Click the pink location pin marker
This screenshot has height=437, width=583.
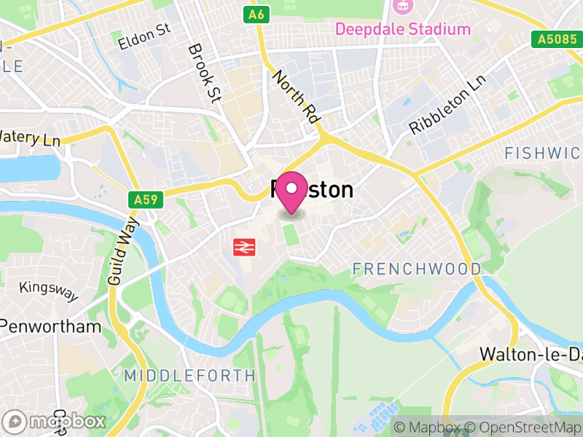292,192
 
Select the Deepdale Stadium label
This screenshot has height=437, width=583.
402,29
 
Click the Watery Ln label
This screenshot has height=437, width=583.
30,137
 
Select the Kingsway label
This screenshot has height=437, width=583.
49,291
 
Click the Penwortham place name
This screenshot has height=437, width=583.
51,326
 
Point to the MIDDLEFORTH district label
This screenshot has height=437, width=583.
189,376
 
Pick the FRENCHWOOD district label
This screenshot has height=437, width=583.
417,269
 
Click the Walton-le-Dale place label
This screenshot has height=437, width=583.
531,354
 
